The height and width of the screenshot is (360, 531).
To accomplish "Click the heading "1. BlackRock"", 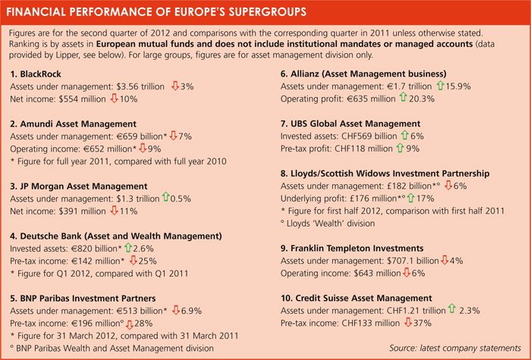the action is point(36,74).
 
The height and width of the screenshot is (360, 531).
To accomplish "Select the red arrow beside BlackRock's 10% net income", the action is point(114,99).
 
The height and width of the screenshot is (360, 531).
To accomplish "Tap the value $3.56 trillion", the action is point(140,86).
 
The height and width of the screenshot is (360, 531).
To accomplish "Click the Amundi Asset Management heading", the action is point(73,124).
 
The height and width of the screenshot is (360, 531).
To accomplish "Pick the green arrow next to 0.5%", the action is point(165,197).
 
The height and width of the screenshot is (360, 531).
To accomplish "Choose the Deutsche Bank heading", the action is point(116,236).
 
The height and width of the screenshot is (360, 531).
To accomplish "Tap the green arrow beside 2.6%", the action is point(128,248).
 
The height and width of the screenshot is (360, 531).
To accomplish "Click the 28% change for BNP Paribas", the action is point(143,324).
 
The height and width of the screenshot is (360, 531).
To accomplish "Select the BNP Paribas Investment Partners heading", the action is point(83,299).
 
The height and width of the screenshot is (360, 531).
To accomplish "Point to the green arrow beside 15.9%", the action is point(440,86).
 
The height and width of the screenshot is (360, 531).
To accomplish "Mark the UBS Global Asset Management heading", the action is point(350,124).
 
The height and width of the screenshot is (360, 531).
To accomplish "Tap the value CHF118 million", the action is point(363,149).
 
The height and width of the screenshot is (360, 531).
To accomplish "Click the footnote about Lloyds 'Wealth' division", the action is point(328,224).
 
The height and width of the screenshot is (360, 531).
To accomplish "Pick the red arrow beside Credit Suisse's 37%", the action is point(408,323).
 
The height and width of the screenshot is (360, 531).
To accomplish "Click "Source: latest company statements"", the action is point(455,348).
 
